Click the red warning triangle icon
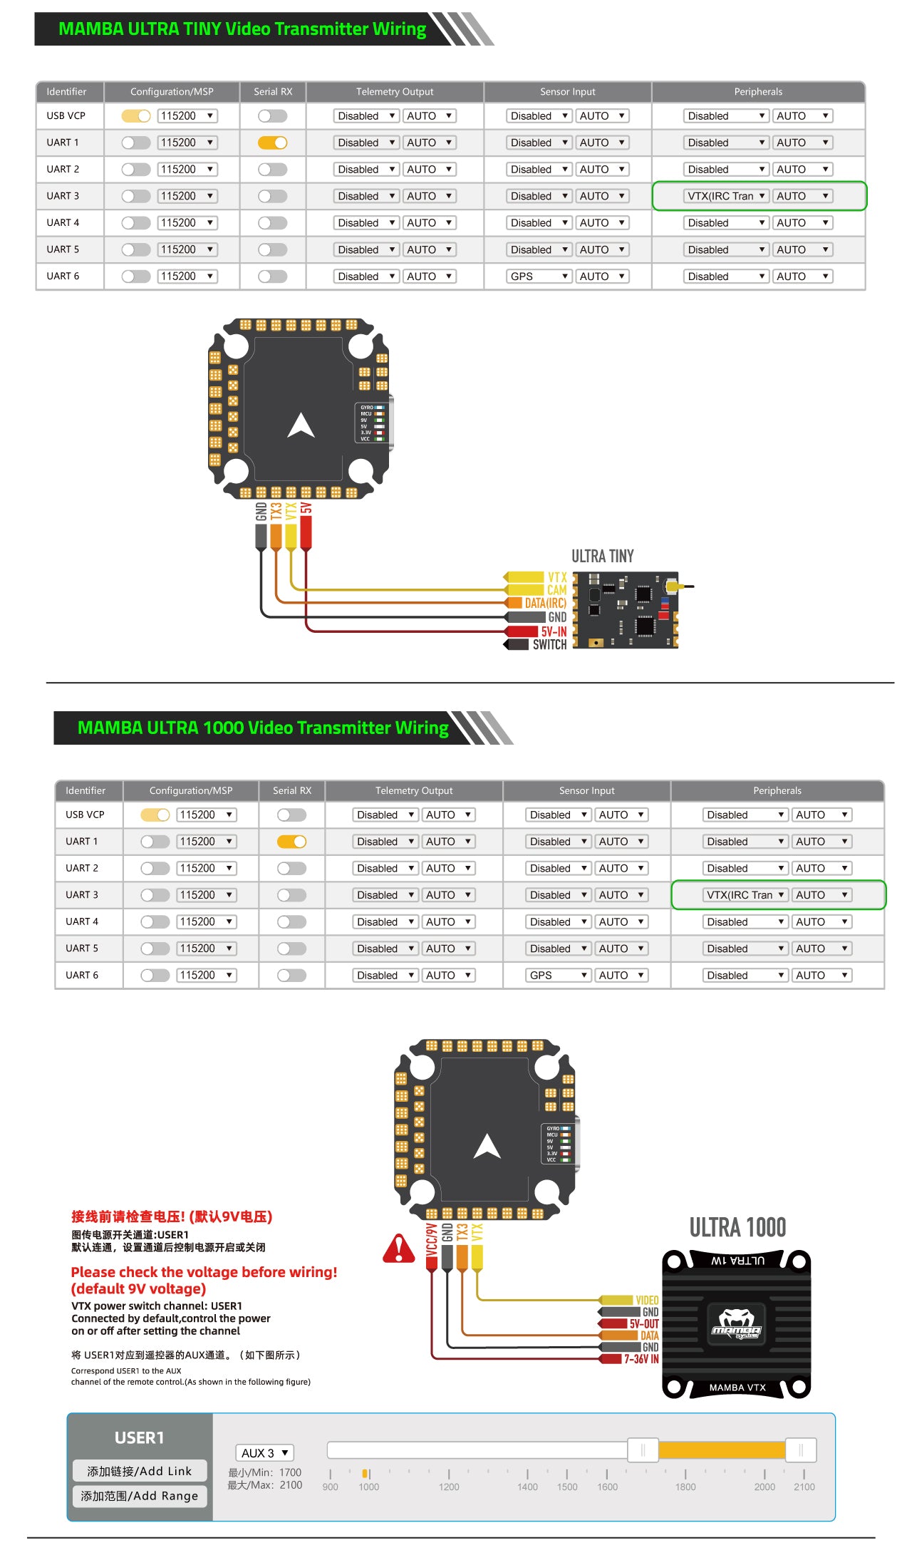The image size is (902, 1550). point(399,1249)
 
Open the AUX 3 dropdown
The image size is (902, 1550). point(264,1452)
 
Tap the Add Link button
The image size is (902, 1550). point(140,1471)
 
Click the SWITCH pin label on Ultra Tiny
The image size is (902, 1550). point(549,645)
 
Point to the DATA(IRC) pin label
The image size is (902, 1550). point(545,604)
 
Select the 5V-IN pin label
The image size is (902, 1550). point(554,631)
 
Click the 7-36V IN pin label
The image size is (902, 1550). point(641,1359)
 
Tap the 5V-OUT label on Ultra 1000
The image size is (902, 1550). point(643,1323)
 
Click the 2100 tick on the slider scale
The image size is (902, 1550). point(804,1487)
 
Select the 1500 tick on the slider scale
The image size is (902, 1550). point(567,1487)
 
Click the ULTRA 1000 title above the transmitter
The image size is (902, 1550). point(737,1227)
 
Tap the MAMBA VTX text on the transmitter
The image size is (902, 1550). point(737,1388)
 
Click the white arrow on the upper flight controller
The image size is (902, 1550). point(301,425)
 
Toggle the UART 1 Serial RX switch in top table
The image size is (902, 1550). point(273,143)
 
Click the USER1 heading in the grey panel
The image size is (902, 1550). point(140,1437)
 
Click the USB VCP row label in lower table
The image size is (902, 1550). point(85,815)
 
